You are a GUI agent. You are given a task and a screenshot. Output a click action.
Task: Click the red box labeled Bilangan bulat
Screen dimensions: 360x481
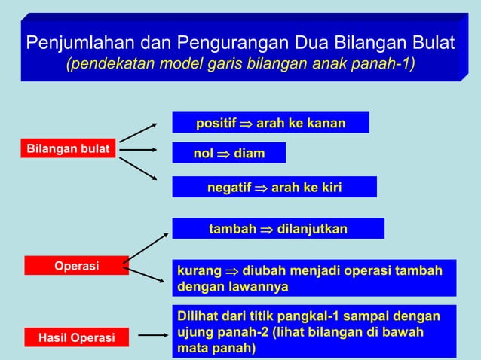(x=67, y=148)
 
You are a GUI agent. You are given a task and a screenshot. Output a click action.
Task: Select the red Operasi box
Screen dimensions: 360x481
(x=76, y=265)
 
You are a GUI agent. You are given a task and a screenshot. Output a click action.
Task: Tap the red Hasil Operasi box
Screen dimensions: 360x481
(x=76, y=338)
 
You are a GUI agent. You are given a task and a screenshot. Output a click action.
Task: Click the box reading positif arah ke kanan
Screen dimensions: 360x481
(x=271, y=122)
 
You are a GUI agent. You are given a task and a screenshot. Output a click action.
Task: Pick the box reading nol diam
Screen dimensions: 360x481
(x=229, y=154)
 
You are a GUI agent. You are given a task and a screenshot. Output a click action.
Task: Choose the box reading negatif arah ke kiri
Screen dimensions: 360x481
(x=274, y=187)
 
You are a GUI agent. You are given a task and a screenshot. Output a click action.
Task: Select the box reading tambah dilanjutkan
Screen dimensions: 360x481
(x=278, y=228)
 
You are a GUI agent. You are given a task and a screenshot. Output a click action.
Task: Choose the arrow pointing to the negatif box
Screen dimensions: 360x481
(x=139, y=169)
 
